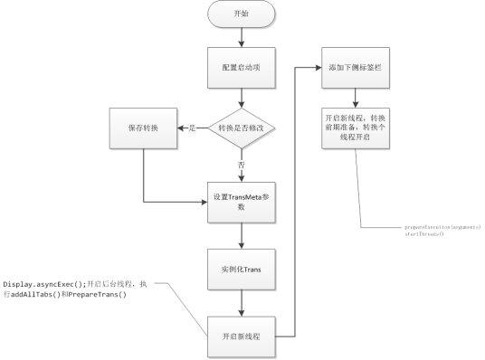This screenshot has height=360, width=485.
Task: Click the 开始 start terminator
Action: click(x=241, y=15)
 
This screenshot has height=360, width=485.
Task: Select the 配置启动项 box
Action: click(x=241, y=68)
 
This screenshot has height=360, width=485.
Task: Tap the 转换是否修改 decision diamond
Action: click(x=242, y=129)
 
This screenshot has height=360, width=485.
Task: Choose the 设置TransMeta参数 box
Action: click(x=241, y=201)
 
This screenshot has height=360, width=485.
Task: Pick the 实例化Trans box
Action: click(x=241, y=270)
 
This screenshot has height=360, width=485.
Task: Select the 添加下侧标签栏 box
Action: click(x=355, y=68)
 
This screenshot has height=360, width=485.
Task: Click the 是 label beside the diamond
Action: click(x=193, y=129)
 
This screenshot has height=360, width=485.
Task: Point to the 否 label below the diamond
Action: click(x=241, y=166)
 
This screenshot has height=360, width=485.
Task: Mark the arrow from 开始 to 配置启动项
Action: click(x=241, y=38)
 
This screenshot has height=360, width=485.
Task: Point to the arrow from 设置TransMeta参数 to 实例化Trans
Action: click(x=241, y=234)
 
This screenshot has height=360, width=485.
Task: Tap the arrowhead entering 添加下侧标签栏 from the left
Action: click(x=319, y=68)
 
